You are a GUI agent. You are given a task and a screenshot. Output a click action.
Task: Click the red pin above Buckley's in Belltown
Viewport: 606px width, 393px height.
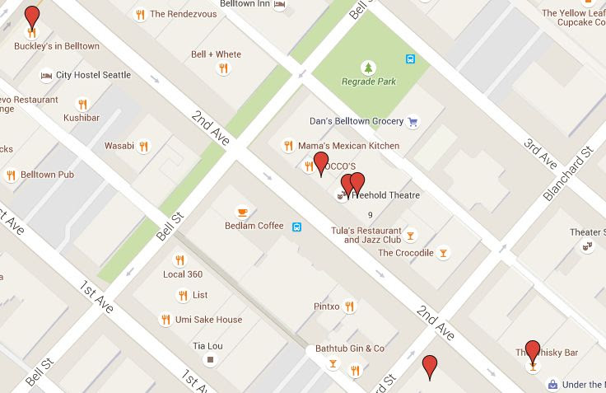click(x=32, y=16)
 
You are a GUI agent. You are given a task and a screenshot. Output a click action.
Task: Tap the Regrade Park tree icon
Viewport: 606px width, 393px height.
click(x=368, y=67)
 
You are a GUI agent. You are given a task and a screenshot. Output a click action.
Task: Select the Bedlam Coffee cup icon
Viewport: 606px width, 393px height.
click(x=241, y=211)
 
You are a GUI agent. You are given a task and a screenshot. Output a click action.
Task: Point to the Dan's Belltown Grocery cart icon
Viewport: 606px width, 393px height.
click(x=413, y=121)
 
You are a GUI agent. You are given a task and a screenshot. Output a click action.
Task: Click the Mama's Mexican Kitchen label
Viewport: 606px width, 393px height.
click(x=348, y=146)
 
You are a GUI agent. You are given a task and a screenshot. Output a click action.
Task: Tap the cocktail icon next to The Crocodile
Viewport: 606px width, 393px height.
click(x=444, y=253)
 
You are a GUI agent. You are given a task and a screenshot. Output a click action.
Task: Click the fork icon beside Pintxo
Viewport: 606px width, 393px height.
click(x=350, y=306)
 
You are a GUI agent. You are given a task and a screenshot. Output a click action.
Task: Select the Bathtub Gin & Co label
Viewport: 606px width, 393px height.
click(x=350, y=349)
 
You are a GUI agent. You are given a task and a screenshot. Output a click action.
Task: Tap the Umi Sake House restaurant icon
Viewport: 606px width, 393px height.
click(x=165, y=320)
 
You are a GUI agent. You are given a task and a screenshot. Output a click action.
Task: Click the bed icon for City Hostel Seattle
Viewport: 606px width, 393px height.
click(x=46, y=75)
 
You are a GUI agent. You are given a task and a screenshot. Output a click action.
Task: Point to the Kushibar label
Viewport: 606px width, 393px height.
click(x=82, y=117)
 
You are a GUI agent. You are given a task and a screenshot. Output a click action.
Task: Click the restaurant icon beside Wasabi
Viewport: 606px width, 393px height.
click(x=144, y=146)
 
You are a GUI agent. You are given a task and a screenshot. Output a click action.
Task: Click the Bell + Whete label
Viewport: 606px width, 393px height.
click(x=216, y=54)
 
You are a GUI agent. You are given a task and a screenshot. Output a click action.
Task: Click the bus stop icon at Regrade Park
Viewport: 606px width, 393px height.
click(x=410, y=58)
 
